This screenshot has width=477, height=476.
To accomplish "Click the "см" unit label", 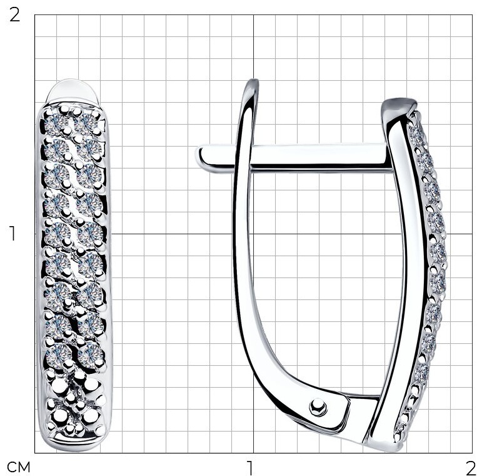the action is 19,467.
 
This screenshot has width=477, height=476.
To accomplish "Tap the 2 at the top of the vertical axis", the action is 14,14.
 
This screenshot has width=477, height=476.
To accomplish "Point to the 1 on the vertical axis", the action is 13,234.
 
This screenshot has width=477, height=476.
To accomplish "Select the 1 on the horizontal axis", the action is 249,467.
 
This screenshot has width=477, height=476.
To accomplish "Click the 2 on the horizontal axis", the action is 470,467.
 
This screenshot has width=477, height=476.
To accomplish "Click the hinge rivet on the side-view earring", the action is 318,407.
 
